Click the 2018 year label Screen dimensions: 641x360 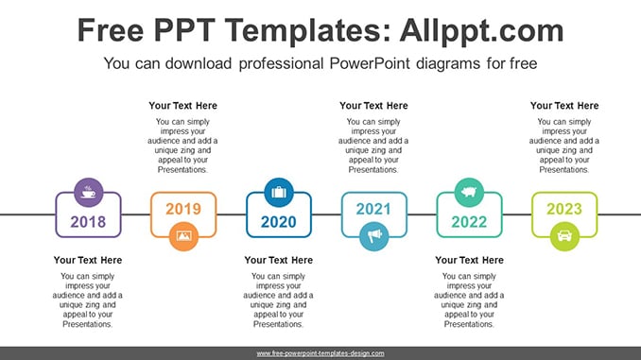point(88,222)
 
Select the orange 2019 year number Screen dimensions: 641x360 point(183,209)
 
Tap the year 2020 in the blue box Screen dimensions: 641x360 point(278,222)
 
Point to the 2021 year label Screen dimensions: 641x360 point(373,209)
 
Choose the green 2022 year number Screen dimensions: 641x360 point(469,222)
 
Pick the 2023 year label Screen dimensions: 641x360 point(564,209)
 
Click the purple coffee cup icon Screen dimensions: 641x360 point(88,193)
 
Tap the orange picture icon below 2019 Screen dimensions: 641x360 point(183,236)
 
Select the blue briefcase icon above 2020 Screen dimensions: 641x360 point(279,193)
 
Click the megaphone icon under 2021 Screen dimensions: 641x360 point(374,236)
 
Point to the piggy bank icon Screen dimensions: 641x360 point(469,193)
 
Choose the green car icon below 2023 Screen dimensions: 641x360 point(564,236)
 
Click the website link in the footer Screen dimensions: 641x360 point(320,353)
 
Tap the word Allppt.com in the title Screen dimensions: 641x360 point(481,30)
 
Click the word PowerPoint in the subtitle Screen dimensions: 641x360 point(370,63)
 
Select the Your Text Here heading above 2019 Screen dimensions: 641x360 point(182,106)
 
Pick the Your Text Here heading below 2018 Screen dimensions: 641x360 point(88,260)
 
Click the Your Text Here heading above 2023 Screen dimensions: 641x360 point(564,106)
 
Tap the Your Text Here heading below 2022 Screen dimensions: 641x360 point(469,260)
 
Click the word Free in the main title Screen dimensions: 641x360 point(111,30)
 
